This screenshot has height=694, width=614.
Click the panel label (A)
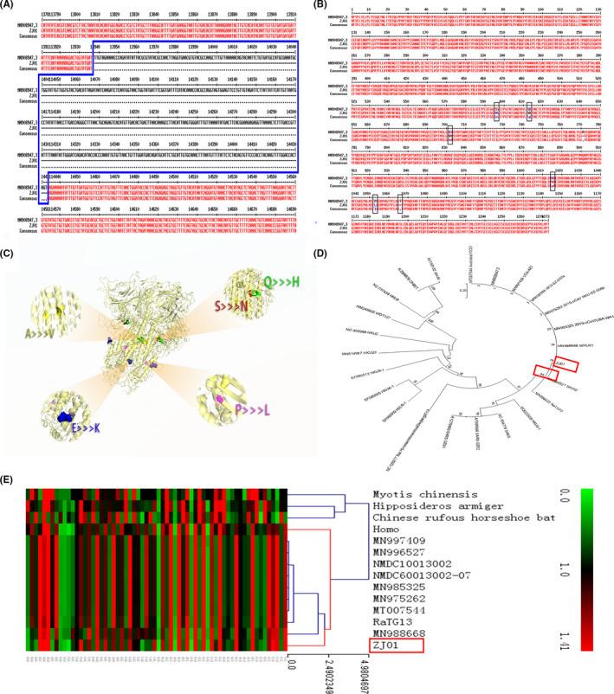coord(12,6)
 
